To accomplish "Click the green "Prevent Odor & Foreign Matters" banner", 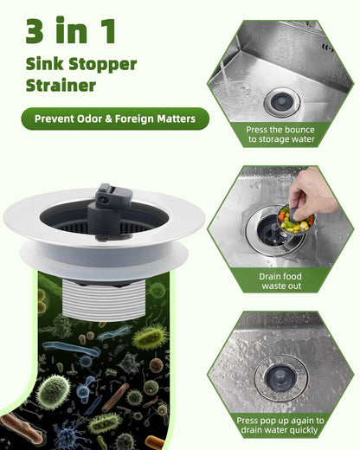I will tap(115, 119).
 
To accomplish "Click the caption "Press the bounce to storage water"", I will tap(280, 134).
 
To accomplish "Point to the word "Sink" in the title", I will tap(44, 64).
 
